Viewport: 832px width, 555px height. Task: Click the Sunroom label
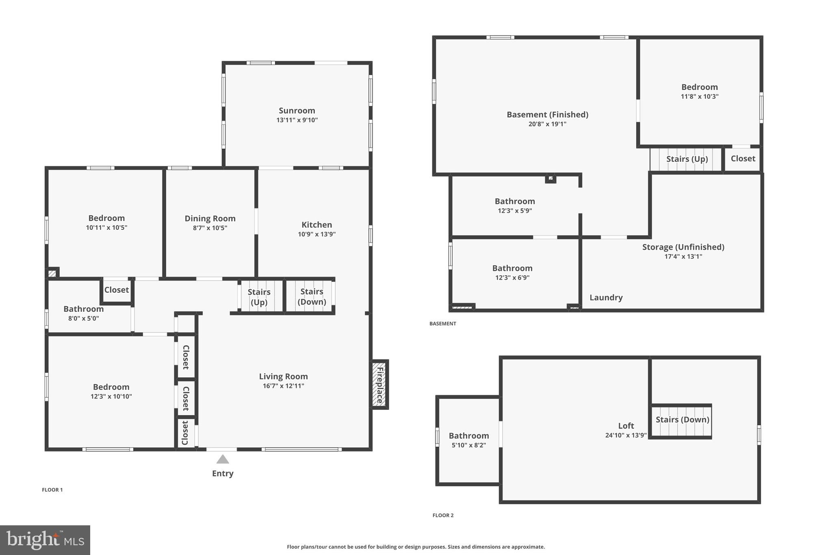pyautogui.click(x=297, y=111)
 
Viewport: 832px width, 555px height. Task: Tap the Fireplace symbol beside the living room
pyautogui.click(x=380, y=384)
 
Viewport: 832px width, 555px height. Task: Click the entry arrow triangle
pyautogui.click(x=222, y=459)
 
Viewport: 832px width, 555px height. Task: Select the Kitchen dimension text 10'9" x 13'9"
pyautogui.click(x=316, y=234)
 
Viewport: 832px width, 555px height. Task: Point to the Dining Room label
pyautogui.click(x=210, y=218)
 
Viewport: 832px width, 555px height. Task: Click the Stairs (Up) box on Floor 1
pyautogui.click(x=259, y=297)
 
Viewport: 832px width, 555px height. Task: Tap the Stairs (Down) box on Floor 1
pyautogui.click(x=312, y=296)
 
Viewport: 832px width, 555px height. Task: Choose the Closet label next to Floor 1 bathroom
pyautogui.click(x=116, y=290)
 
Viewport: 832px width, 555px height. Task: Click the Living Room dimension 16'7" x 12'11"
pyautogui.click(x=283, y=386)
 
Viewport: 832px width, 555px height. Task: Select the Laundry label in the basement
pyautogui.click(x=606, y=298)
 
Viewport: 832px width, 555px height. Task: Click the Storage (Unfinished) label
pyautogui.click(x=683, y=247)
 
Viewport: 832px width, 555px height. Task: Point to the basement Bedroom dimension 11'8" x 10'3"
pyautogui.click(x=699, y=97)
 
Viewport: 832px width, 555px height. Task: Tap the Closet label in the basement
pyautogui.click(x=743, y=159)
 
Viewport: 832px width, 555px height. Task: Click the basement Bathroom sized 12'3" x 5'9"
pyautogui.click(x=515, y=205)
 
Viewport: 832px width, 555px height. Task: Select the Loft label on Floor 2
pyautogui.click(x=626, y=426)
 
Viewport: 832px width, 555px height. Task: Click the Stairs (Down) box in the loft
pyautogui.click(x=682, y=420)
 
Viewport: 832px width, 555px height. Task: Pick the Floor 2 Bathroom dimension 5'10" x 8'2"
pyautogui.click(x=468, y=445)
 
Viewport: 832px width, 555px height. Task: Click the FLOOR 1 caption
pyautogui.click(x=52, y=490)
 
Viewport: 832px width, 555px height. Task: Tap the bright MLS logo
pyautogui.click(x=45, y=540)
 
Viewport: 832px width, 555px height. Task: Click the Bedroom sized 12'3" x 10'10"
pyautogui.click(x=111, y=391)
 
